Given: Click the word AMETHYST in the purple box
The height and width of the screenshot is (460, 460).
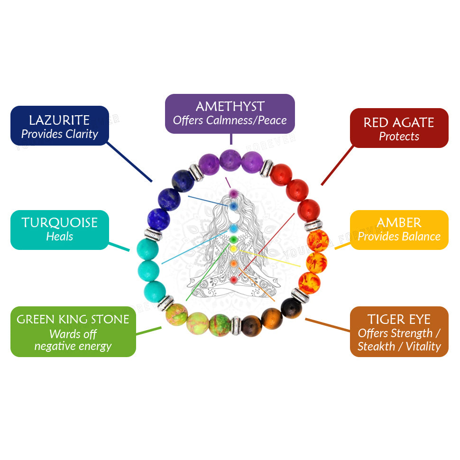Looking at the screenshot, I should pyautogui.click(x=230, y=106).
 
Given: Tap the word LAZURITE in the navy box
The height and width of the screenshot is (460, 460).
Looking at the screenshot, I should pyautogui.click(x=59, y=120).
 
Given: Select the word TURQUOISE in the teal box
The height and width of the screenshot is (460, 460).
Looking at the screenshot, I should pyautogui.click(x=59, y=222).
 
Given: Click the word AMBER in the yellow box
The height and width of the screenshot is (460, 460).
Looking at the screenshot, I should pyautogui.click(x=399, y=222).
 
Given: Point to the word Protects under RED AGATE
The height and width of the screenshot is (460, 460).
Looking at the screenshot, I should pyautogui.click(x=399, y=137).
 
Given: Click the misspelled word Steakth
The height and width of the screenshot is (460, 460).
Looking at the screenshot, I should pyautogui.click(x=376, y=346).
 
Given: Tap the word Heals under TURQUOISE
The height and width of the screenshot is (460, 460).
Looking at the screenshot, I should pyautogui.click(x=59, y=236).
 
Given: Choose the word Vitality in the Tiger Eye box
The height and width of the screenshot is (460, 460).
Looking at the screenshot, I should pyautogui.click(x=423, y=346).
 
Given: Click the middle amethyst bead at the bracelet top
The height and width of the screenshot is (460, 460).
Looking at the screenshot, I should pyautogui.click(x=230, y=159).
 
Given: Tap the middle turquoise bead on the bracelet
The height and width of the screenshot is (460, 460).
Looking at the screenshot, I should pyautogui.click(x=148, y=270).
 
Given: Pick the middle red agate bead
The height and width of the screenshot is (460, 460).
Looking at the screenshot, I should pyautogui.click(x=297, y=190).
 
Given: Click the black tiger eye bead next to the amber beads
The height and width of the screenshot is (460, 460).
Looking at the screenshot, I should pyautogui.click(x=291, y=308).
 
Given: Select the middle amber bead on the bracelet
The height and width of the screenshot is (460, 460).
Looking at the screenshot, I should pyautogui.click(x=316, y=262).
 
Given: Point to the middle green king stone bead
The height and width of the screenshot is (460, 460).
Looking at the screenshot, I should pyautogui.click(x=197, y=324).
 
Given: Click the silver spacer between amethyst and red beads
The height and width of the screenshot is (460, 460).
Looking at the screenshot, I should pyautogui.click(x=267, y=167).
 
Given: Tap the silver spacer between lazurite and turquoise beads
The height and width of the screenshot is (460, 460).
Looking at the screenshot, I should pyautogui.click(x=153, y=234).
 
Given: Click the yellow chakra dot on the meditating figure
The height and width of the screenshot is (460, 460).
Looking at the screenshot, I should pyautogui.click(x=233, y=248).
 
